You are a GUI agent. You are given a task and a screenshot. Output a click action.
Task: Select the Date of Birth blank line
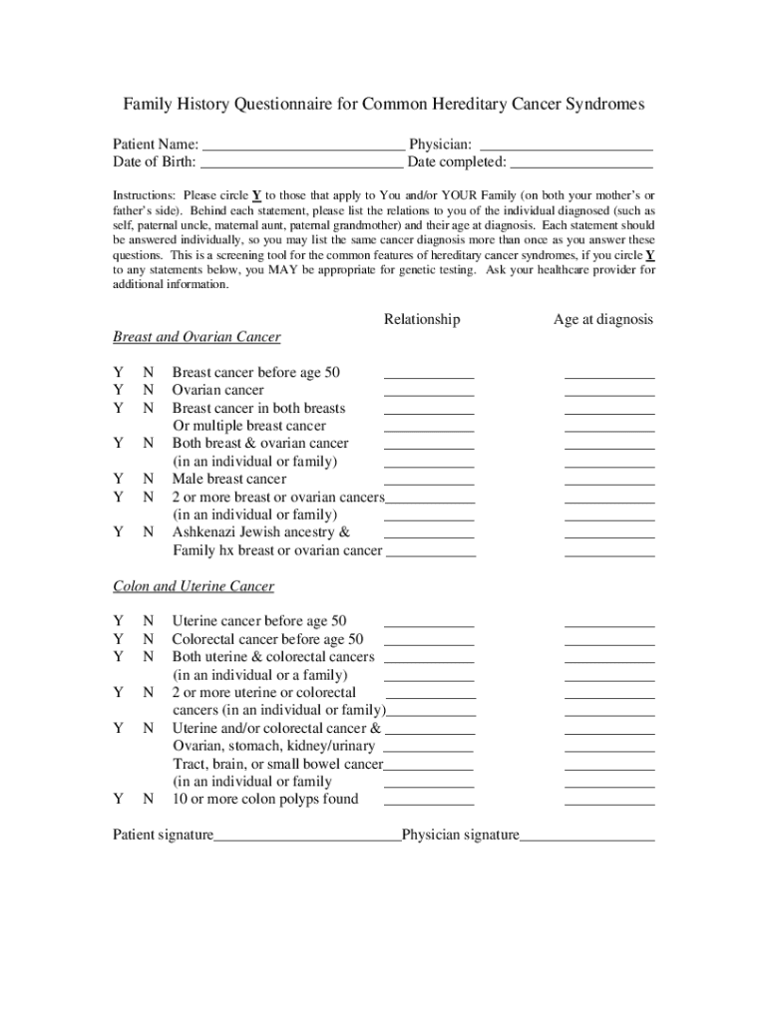302,163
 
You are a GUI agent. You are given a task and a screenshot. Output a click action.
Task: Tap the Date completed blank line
581,163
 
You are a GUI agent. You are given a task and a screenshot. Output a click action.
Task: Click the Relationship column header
422,319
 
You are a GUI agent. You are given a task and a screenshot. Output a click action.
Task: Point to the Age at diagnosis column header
603,319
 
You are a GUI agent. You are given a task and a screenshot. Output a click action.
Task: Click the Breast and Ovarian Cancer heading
196,337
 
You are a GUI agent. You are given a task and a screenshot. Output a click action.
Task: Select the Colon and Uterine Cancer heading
193,586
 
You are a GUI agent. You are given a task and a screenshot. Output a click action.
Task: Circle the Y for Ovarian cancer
118,390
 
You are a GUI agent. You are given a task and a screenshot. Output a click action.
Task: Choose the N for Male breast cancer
148,479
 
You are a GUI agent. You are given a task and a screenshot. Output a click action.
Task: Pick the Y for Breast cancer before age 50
118,372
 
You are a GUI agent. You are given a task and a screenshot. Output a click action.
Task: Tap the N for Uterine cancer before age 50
148,621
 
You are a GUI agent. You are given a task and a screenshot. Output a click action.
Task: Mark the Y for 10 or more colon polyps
118,799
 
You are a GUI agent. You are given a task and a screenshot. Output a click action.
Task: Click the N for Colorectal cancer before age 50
148,639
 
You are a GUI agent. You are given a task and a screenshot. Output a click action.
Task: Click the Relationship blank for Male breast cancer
429,482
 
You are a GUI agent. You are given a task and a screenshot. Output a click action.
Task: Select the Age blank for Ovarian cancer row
609,393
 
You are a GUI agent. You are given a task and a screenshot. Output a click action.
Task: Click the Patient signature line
307,838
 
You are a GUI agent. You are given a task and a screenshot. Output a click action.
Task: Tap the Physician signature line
587,838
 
